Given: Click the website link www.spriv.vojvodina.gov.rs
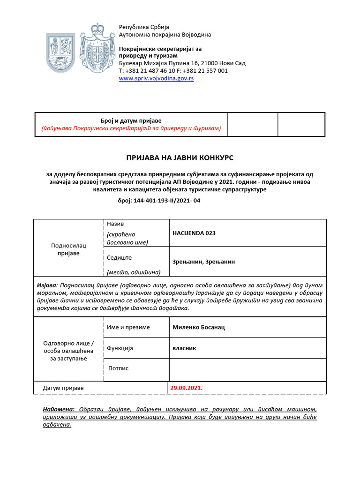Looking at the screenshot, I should point(156,79).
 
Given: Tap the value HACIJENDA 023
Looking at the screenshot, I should point(194,233).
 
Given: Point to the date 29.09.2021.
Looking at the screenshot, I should point(187,388).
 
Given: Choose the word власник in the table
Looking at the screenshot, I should point(184,348).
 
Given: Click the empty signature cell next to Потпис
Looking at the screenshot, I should point(247,369).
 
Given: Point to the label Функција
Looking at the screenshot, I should point(120,348).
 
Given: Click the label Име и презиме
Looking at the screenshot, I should point(128,327).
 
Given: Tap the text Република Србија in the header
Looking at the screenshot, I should point(144,27).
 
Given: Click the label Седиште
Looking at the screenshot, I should point(120,257).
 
